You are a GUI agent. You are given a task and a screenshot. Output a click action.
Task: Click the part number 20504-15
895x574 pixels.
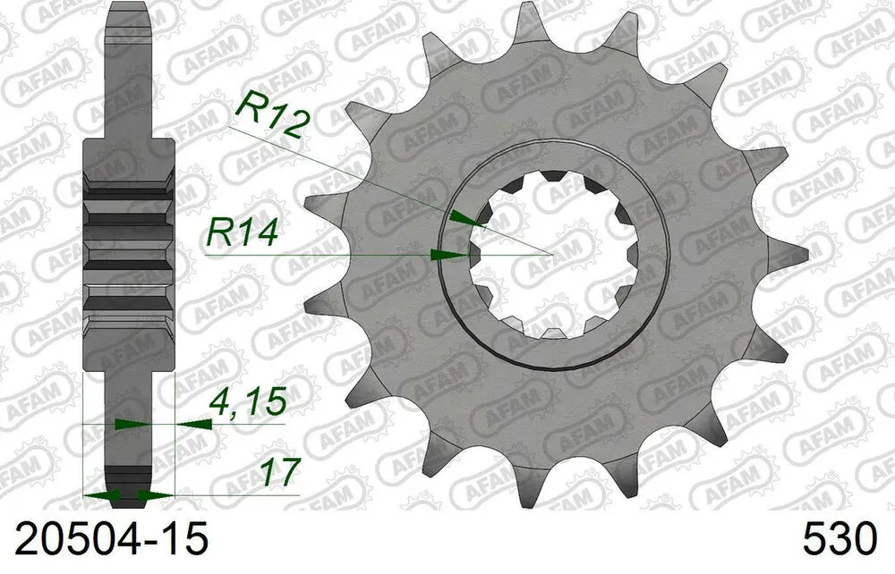coord(106,540)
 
